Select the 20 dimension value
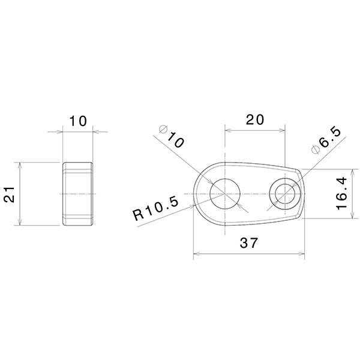(255, 119)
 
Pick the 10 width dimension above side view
(77, 121)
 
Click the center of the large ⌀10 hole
(224, 193)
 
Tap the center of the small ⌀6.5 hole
(285, 193)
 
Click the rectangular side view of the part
(77, 193)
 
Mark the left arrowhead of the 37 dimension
(195, 255)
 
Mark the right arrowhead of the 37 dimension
(302, 255)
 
